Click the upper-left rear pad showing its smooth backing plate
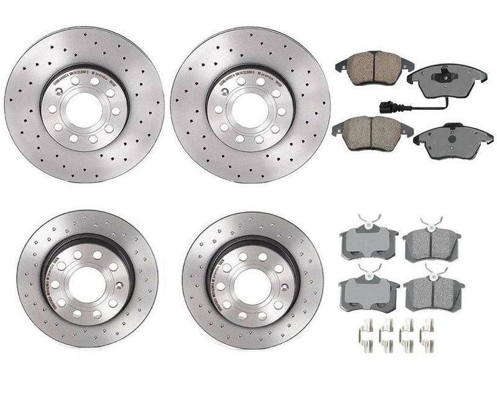tap(368, 239)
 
